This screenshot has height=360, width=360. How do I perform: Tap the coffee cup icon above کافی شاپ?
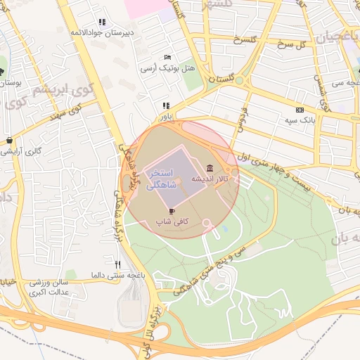tap(172, 210)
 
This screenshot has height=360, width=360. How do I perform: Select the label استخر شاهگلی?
tap(164, 179)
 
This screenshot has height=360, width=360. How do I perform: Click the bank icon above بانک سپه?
tap(300, 110)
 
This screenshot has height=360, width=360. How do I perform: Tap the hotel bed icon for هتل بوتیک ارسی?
tap(167, 57)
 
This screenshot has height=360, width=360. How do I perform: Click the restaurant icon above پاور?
tap(166, 105)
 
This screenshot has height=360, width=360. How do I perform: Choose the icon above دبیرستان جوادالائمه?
tap(103, 22)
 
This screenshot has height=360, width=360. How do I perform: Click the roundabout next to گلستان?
tap(239, 81)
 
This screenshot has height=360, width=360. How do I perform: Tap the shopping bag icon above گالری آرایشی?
tap(8, 140)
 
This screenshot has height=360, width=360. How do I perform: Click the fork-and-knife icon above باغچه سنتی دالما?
tap(117, 264)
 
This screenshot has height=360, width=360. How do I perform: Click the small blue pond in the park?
tap(225, 229)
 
